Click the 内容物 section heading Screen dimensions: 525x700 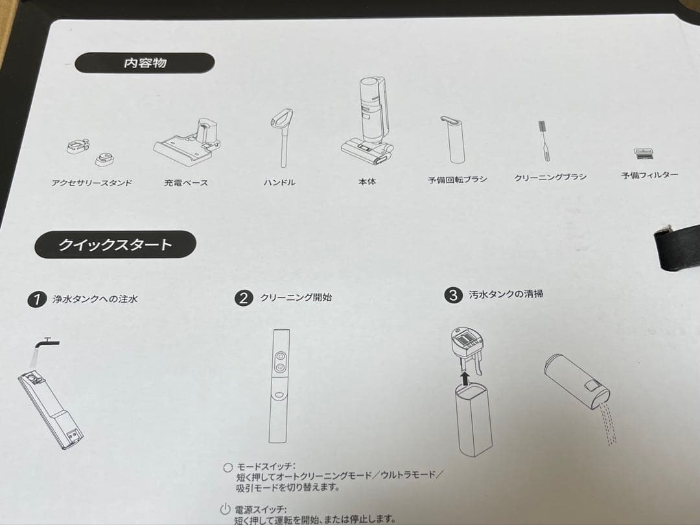pyautogui.click(x=145, y=64)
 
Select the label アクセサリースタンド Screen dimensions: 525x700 pyautogui.click(x=91, y=183)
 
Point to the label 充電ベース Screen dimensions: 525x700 pyautogui.click(x=186, y=183)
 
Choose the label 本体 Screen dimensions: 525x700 pyautogui.click(x=367, y=181)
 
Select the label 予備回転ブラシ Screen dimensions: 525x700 pyautogui.click(x=457, y=180)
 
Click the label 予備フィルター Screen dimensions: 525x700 pyautogui.click(x=649, y=176)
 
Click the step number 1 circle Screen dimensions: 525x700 pyautogui.click(x=37, y=299)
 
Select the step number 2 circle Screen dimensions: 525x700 pyautogui.click(x=243, y=298)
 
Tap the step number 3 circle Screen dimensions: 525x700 pyautogui.click(x=452, y=296)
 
